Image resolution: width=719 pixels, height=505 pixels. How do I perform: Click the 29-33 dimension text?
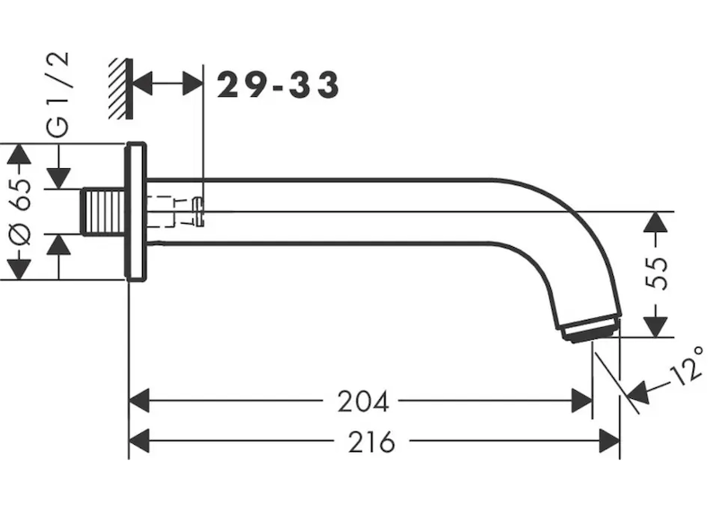click(278, 84)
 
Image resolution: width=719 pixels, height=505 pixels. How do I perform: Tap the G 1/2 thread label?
click(58, 94)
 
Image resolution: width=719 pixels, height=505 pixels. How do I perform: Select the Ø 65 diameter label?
click(21, 211)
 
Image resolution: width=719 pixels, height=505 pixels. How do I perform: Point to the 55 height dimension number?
click(656, 273)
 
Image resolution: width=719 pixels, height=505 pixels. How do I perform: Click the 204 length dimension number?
click(363, 402)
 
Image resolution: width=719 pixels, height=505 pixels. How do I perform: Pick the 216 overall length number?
click(371, 442)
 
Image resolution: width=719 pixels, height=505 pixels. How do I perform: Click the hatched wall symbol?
click(121, 89)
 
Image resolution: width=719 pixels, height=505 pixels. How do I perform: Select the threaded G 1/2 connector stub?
click(103, 211)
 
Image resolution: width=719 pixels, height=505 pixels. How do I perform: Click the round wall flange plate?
click(137, 211)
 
